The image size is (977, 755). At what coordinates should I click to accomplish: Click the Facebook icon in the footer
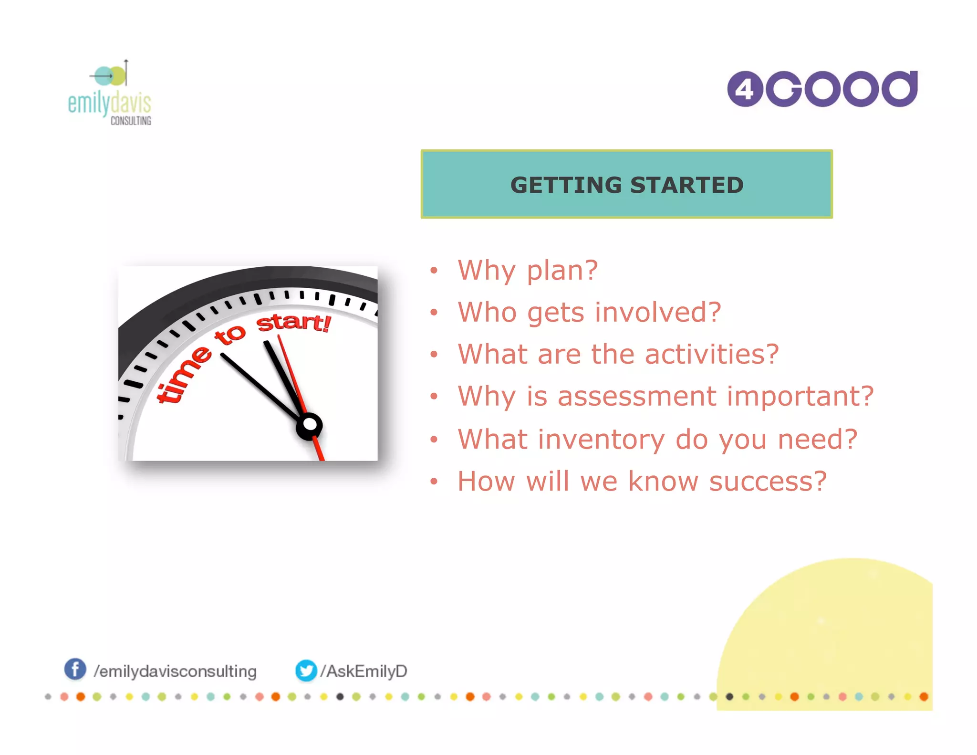[75, 669]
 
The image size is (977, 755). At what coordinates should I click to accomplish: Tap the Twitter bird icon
[306, 671]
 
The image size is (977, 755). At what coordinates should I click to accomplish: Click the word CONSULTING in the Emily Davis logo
[131, 121]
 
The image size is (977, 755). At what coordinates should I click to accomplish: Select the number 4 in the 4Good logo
[744, 89]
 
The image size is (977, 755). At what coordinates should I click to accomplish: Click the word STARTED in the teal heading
[687, 185]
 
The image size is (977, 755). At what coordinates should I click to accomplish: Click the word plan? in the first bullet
[562, 271]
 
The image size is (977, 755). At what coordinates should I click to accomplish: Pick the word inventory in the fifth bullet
[601, 440]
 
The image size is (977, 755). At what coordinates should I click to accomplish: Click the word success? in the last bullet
[768, 481]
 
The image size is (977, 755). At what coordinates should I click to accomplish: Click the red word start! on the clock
[293, 323]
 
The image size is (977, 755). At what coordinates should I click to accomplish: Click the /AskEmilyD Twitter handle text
[364, 671]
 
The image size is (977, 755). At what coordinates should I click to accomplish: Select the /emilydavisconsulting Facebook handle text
[175, 671]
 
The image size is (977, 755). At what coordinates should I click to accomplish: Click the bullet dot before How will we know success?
[433, 481]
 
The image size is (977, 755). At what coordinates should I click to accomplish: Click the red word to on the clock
[230, 335]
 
